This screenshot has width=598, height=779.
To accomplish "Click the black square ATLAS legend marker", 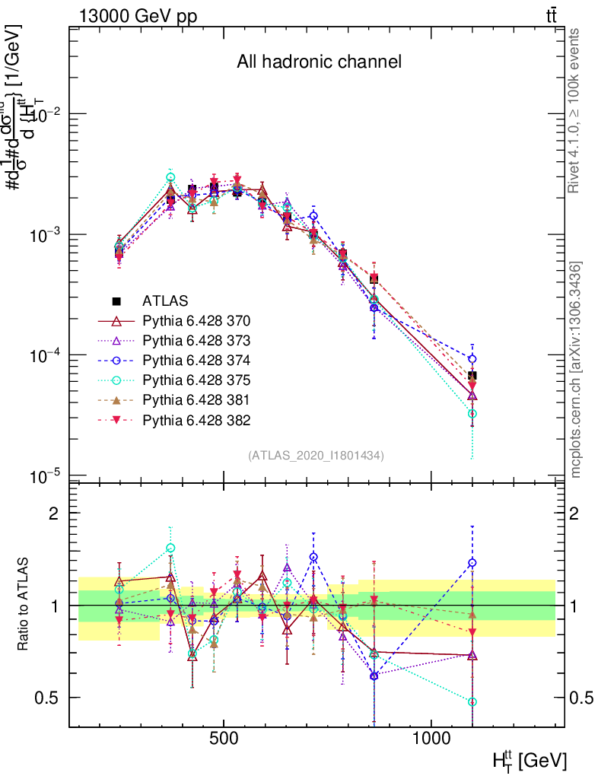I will click(118, 300).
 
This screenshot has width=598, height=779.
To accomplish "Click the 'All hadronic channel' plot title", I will click(319, 62).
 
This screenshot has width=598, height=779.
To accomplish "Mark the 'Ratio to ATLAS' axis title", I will click(24, 606).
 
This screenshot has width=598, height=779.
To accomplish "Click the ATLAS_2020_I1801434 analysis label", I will click(316, 455).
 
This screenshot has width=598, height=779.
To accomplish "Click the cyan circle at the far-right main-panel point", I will click(472, 414).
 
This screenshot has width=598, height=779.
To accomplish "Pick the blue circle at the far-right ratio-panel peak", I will click(472, 563).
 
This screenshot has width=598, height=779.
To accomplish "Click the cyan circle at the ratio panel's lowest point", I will click(472, 702).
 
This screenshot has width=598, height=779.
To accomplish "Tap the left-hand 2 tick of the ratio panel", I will click(55, 514).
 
